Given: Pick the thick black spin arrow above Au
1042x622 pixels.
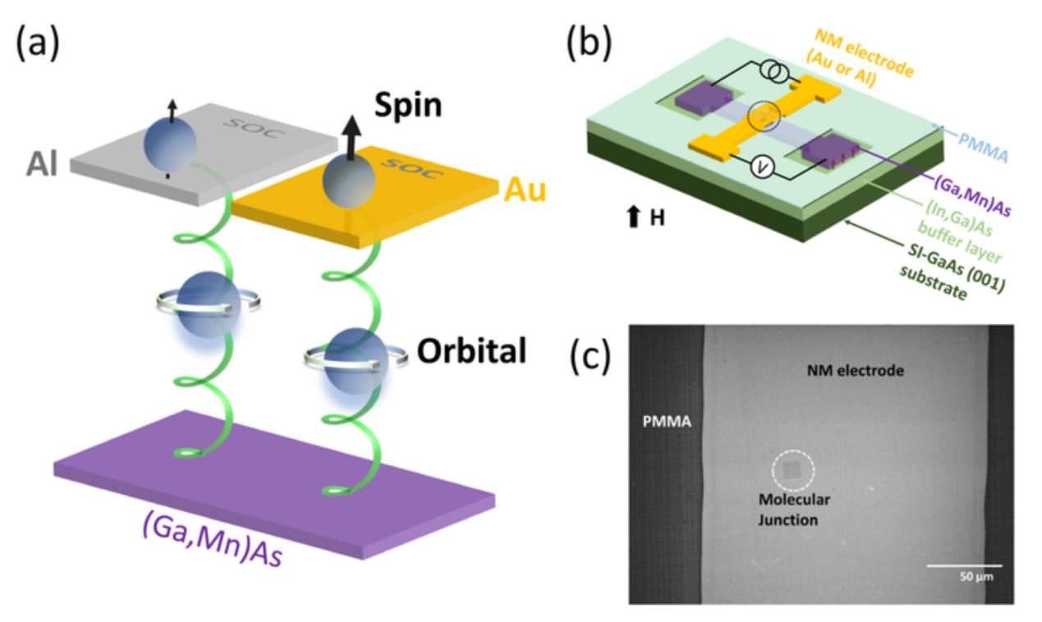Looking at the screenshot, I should (337, 145).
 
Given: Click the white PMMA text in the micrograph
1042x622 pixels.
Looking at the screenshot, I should (667, 424).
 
